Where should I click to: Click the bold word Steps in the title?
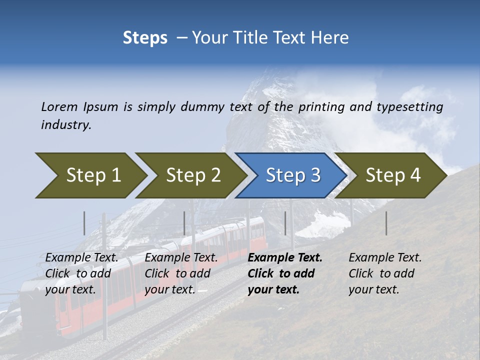coord(145,38)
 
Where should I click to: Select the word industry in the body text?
coord(66,125)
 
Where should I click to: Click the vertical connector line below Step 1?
coord(84,223)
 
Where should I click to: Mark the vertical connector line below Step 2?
coord(184,223)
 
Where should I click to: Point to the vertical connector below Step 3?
coord(285,223)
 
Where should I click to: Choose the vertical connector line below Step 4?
coord(386,223)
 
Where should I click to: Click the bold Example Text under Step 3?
coord(285,258)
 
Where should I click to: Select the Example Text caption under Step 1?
coord(81,258)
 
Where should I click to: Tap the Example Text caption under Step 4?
coord(385,258)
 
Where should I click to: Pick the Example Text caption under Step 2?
coord(181,258)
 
